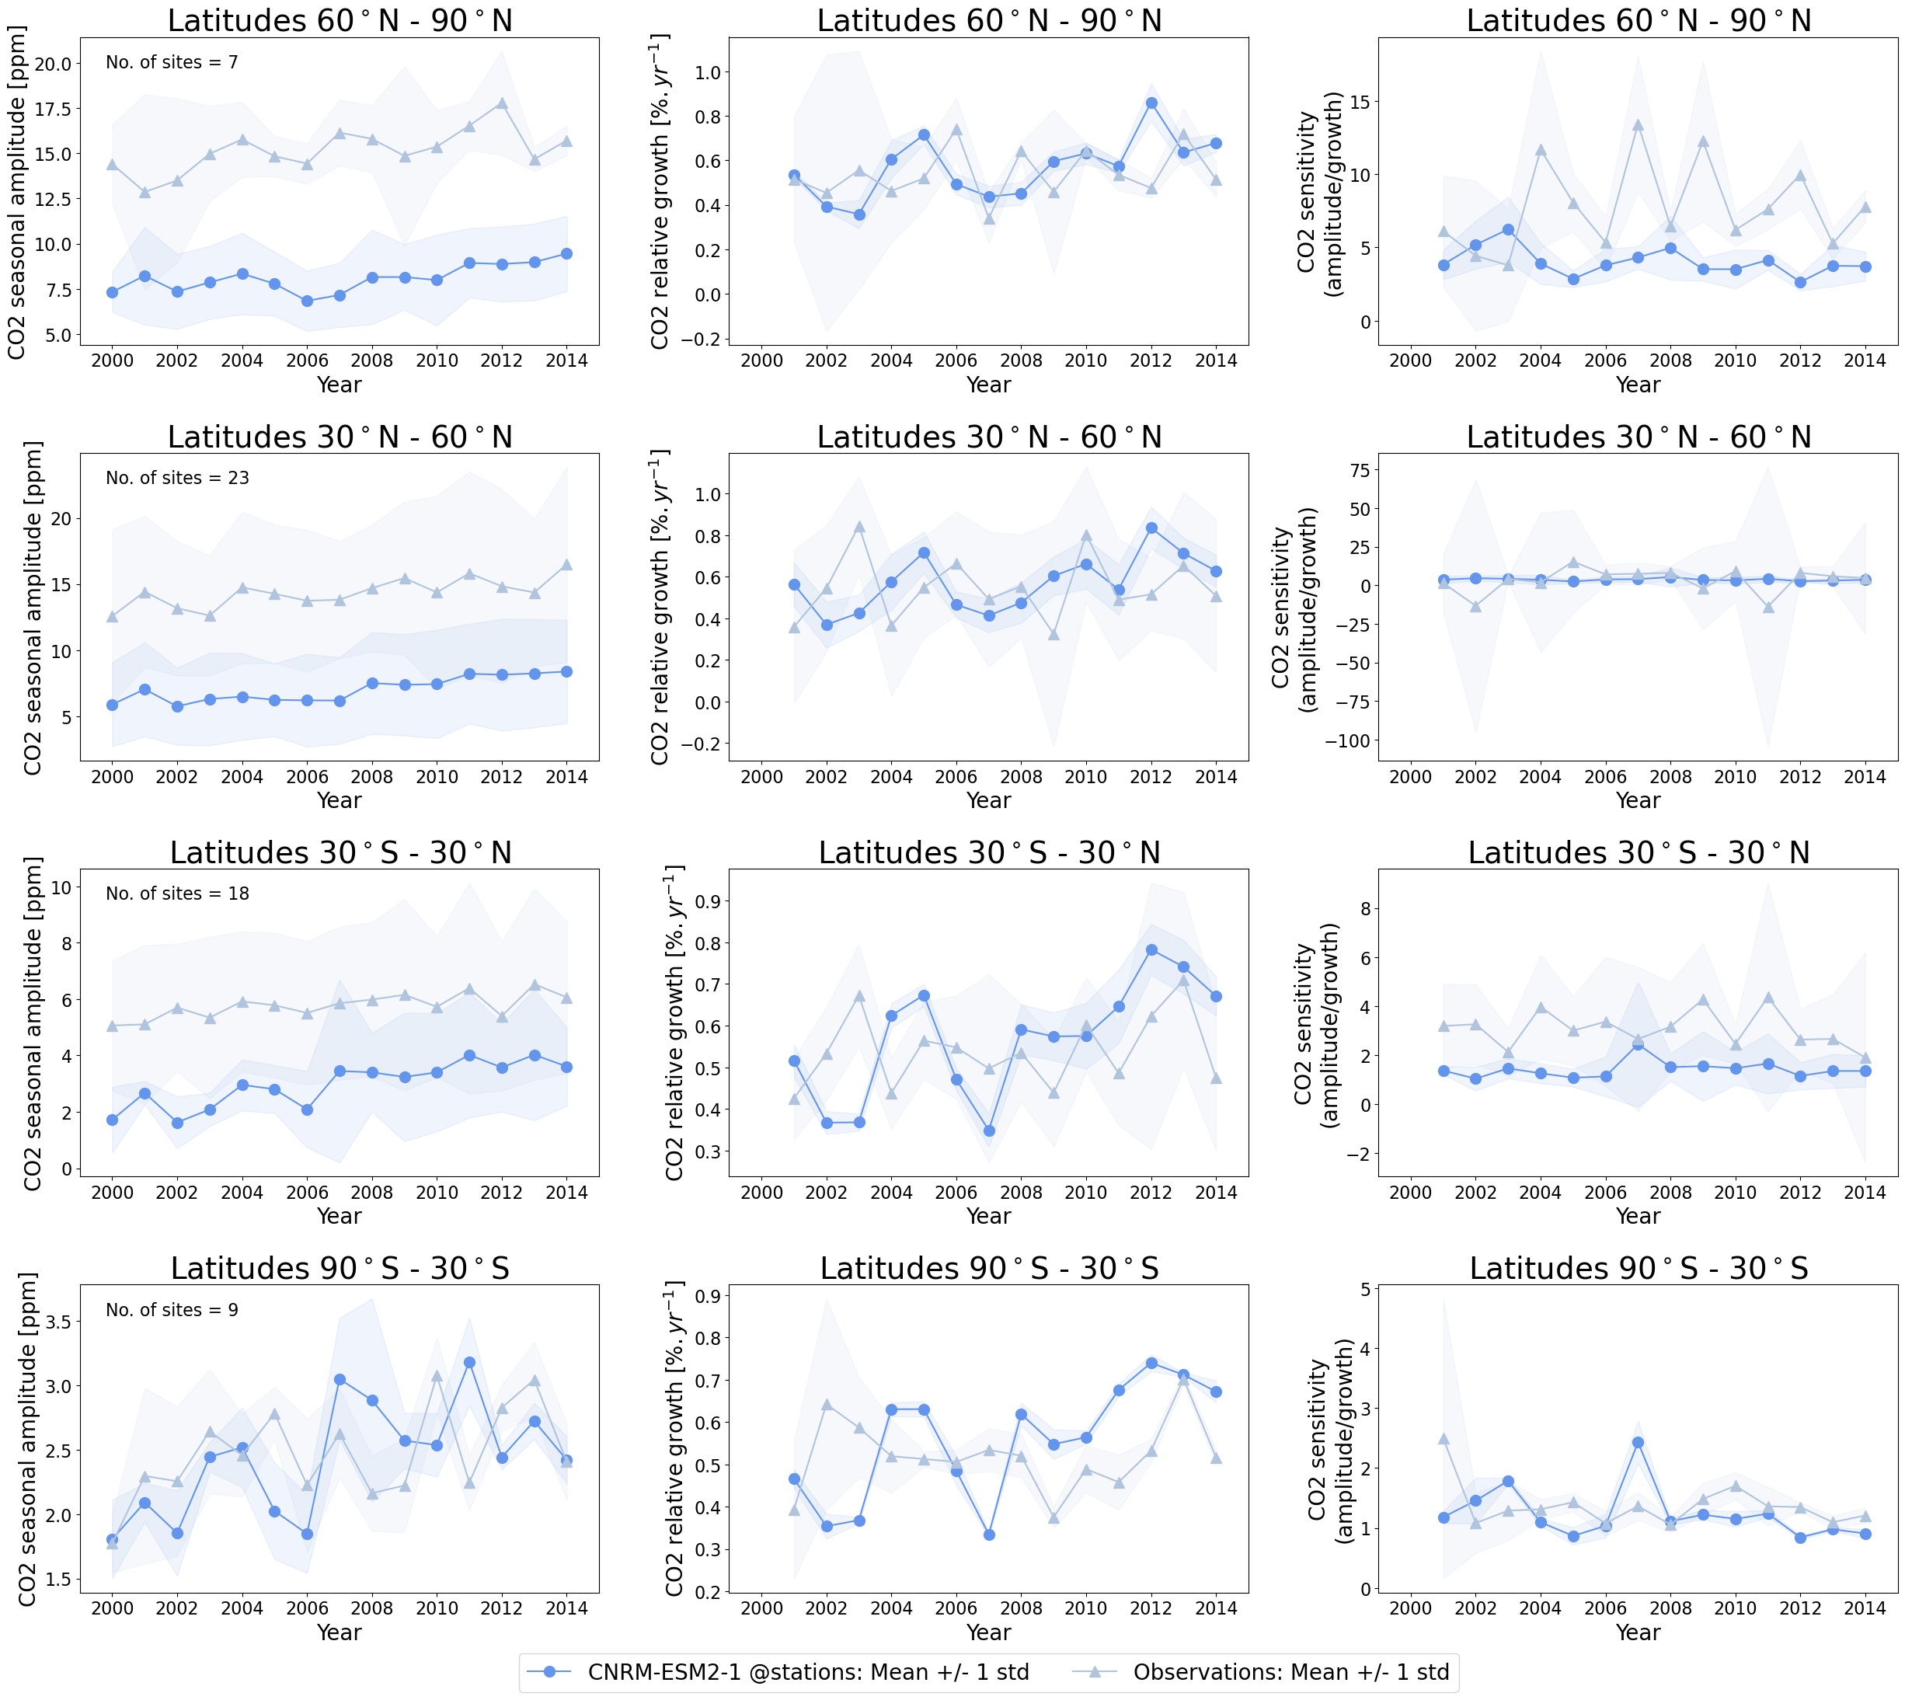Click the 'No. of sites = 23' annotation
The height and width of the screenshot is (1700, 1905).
pos(177,479)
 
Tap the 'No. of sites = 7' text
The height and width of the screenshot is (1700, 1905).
pos(172,63)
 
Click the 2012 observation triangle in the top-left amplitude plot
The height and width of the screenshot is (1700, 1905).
pos(501,103)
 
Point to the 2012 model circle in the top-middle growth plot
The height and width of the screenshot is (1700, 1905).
pos(1151,103)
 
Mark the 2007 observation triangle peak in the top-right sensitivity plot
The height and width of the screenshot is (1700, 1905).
pos(1638,124)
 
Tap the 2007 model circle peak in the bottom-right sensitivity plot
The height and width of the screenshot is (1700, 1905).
pos(1638,1443)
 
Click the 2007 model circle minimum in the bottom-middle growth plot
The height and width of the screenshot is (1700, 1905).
pos(989,1535)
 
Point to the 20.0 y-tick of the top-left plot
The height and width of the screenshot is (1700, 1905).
pos(54,64)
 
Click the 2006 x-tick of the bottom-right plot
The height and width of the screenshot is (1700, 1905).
pos(1605,1608)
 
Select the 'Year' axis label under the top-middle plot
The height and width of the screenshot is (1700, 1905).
pos(988,385)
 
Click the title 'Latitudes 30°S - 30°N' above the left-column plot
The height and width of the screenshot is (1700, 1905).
pos(340,853)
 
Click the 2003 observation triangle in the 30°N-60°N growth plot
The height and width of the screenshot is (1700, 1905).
pos(859,527)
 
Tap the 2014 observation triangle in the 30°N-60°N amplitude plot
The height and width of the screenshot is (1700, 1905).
pos(567,565)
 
